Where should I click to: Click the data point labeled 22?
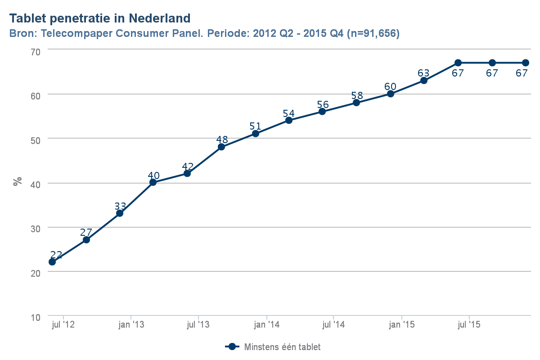pos(52,261)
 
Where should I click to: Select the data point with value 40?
pos(153,182)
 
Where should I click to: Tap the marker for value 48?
pos(221,147)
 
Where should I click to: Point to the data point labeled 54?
pos(289,120)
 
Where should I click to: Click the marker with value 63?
pos(423,81)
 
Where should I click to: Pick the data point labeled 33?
pos(120,213)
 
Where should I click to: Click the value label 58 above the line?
pos(357,96)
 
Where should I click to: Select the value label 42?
pos(188,167)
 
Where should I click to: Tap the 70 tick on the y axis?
pos(36,52)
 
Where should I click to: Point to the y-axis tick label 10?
pos(36,317)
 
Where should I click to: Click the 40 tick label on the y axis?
pos(36,184)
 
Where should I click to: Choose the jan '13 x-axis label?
pos(131,324)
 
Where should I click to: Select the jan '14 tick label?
pos(266,324)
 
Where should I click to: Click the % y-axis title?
pos(18,182)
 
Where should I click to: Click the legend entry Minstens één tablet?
pos(282,347)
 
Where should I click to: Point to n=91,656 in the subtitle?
pos(373,34)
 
